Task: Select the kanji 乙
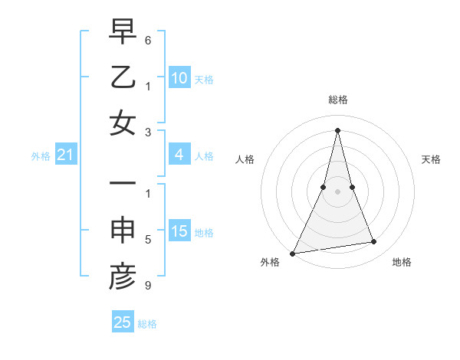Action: pos(123,78)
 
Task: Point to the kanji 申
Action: pos(123,232)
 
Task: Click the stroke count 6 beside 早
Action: pos(148,39)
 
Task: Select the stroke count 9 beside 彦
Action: pos(148,286)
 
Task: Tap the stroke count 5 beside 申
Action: pos(148,241)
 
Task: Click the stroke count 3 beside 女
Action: pos(148,131)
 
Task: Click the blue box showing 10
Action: pos(179,78)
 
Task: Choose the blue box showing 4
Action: pos(179,155)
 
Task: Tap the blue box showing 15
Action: pos(179,232)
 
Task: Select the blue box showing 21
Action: pos(66,155)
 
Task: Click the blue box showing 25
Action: pos(123,322)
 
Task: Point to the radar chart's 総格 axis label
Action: pos(337,100)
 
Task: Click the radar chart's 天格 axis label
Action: pos(432,159)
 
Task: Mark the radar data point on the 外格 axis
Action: pos(292,254)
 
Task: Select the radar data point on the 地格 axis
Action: pos(374,242)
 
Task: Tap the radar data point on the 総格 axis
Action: pos(337,129)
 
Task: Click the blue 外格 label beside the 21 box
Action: pos(41,156)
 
